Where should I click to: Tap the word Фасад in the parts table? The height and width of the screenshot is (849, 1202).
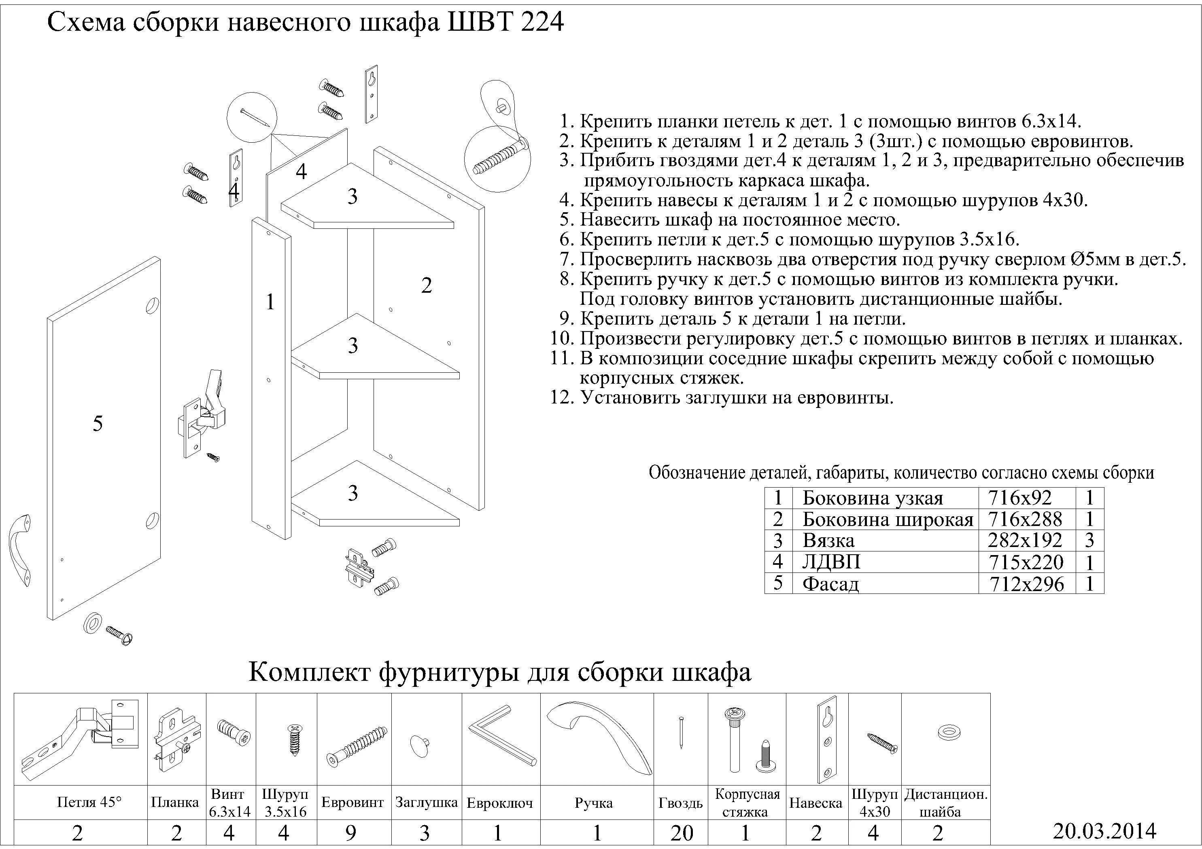click(831, 584)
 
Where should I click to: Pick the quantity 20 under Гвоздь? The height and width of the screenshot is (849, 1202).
click(681, 833)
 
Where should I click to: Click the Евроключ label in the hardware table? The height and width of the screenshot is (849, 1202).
click(499, 803)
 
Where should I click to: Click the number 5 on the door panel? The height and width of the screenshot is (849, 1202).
click(98, 423)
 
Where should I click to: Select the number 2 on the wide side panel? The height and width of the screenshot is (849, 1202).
click(426, 285)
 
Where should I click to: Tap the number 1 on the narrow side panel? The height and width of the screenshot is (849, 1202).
click(270, 302)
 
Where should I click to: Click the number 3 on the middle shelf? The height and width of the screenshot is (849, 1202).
click(353, 345)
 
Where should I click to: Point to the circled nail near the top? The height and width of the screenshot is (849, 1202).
click(252, 118)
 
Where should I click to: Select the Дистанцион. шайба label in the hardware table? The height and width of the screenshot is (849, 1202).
click(945, 803)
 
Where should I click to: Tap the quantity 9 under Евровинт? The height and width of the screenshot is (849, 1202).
click(351, 833)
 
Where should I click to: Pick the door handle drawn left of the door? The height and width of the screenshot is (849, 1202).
click(19, 550)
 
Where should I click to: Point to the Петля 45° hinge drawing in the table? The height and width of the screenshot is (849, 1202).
click(80, 739)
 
